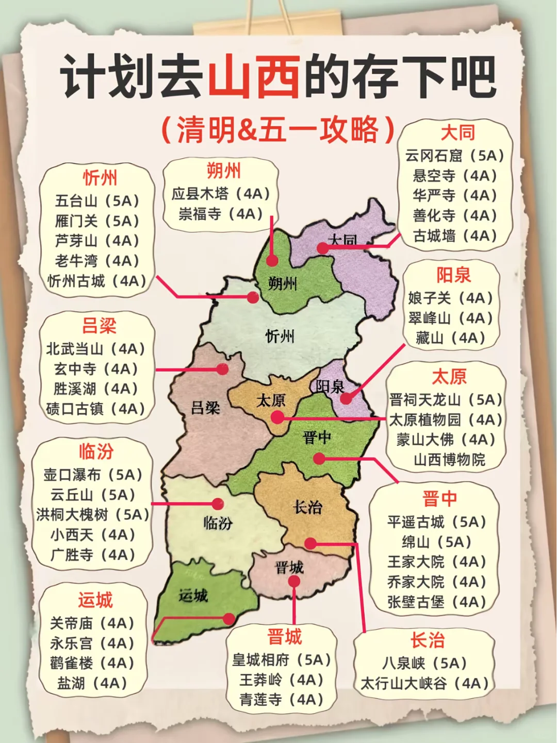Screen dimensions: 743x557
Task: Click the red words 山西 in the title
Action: (x=253, y=77)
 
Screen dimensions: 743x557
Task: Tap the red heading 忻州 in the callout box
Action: (x=100, y=178)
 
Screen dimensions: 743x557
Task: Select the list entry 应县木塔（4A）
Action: (x=221, y=194)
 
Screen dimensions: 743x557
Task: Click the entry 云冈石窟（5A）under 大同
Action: (x=454, y=156)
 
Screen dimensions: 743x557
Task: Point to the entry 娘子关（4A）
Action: (x=450, y=298)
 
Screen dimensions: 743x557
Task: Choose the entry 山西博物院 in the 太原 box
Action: (x=449, y=460)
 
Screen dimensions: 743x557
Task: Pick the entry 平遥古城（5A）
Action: (x=437, y=522)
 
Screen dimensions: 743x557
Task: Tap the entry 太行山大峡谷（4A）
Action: (x=424, y=683)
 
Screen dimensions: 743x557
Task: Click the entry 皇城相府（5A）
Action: (x=281, y=660)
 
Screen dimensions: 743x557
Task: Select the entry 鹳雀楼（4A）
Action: (x=92, y=663)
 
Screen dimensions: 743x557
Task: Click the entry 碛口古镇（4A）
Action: (x=95, y=409)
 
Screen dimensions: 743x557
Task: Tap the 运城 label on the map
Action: (x=193, y=596)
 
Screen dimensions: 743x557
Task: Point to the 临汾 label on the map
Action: (x=218, y=524)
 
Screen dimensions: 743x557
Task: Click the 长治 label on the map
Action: (x=307, y=508)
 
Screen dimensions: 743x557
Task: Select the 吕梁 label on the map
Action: (x=205, y=408)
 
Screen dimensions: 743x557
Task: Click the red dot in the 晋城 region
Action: (x=294, y=582)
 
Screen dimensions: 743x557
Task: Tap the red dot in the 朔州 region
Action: (x=272, y=260)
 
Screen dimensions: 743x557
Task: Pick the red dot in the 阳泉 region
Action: (x=346, y=398)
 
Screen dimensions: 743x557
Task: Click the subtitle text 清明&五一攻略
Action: (x=278, y=130)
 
